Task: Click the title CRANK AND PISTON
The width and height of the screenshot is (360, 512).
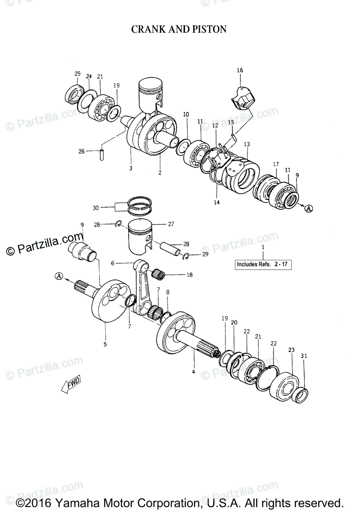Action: point(179,29)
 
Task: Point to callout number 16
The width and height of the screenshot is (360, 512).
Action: point(240,70)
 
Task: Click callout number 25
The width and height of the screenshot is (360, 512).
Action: point(77,74)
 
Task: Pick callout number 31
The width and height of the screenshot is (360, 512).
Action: point(304,356)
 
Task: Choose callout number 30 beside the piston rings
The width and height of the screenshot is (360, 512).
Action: point(95,208)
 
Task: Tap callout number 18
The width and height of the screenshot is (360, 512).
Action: point(189,275)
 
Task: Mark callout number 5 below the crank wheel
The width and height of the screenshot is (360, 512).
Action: point(105,344)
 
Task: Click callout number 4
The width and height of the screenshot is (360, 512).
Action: point(193,372)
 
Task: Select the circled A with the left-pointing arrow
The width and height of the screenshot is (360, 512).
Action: point(59,276)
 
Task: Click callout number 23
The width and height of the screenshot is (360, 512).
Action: point(291,350)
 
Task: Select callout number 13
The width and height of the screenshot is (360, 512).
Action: point(247,144)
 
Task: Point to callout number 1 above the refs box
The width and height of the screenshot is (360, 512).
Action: point(263,247)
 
